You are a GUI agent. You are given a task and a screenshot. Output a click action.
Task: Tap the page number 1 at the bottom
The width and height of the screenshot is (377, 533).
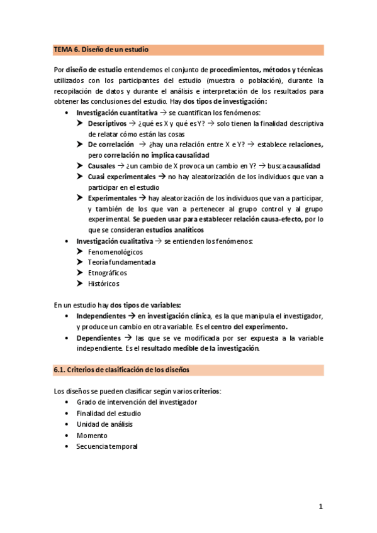[320, 507]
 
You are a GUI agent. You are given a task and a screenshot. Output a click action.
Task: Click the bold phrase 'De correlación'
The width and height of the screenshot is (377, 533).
[111, 144]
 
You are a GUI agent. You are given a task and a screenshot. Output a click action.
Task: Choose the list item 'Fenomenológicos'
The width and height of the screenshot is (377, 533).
[115, 251]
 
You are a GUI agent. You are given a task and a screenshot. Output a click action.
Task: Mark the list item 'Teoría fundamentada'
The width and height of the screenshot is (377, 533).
[121, 262]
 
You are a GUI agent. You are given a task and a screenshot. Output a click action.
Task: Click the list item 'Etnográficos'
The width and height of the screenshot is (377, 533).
[108, 273]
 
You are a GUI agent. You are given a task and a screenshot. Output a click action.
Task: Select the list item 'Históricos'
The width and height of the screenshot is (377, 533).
[103, 283]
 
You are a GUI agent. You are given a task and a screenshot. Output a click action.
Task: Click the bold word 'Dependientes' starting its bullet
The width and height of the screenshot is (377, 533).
[99, 338]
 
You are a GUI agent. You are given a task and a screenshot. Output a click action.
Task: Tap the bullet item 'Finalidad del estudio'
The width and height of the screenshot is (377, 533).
[109, 413]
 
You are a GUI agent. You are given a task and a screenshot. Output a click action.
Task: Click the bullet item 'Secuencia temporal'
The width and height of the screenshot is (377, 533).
[107, 446]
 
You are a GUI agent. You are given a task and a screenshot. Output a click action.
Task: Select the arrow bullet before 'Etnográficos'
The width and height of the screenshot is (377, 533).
[81, 273]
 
